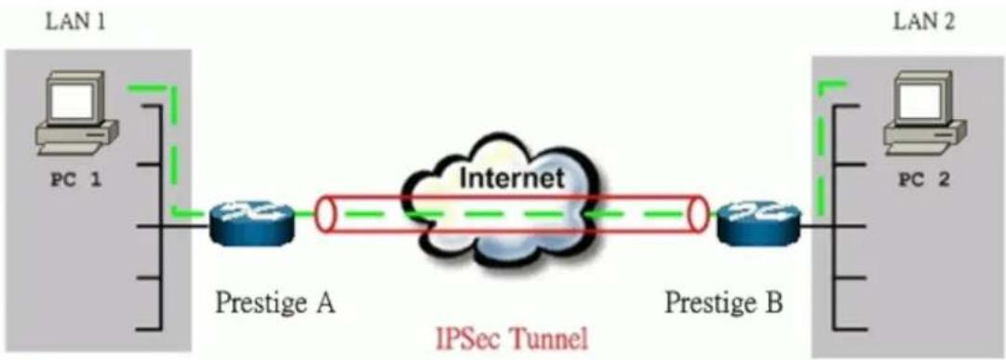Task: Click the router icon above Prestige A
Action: click(251, 220)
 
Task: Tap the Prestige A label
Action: click(275, 302)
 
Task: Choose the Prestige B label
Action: click(723, 302)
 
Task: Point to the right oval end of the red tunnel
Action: click(697, 215)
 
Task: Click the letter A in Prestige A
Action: click(325, 301)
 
